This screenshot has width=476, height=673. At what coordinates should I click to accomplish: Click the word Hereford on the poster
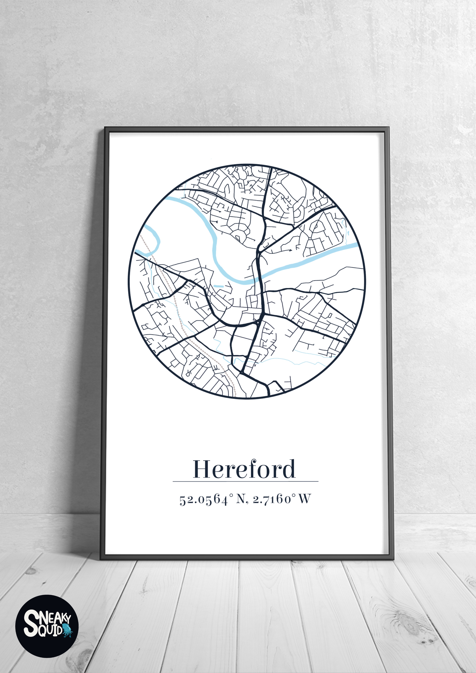tap(244, 469)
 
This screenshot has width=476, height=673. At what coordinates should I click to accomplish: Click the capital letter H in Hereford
tap(202, 469)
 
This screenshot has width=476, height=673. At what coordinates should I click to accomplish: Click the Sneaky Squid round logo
tap(47, 626)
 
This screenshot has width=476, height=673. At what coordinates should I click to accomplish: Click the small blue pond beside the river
tap(218, 286)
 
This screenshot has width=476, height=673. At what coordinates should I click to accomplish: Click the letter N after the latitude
tap(240, 499)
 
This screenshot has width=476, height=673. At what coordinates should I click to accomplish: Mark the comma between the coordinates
tap(247, 502)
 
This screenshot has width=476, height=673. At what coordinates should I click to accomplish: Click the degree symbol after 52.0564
tap(231, 495)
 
